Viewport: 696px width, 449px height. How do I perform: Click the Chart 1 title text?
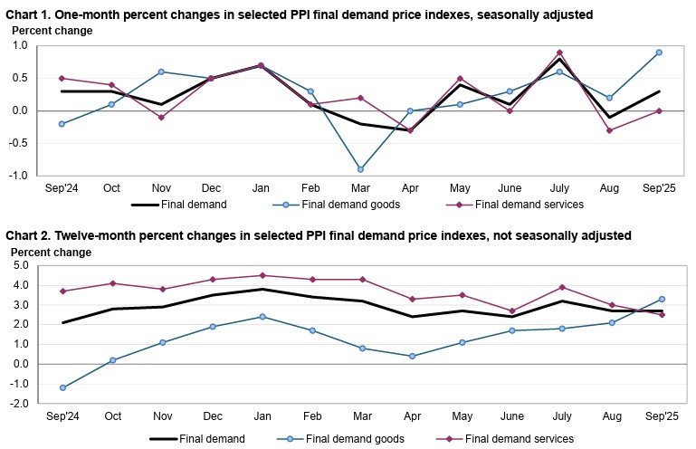[299, 14]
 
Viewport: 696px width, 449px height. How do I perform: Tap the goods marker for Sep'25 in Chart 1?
[660, 53]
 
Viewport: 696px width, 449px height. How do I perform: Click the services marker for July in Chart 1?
[559, 53]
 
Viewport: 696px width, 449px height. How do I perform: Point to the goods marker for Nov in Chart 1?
[160, 72]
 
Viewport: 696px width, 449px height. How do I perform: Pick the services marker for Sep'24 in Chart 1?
[61, 78]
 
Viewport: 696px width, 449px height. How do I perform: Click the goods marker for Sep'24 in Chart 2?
[61, 387]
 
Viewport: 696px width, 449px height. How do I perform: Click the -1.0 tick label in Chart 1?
[23, 176]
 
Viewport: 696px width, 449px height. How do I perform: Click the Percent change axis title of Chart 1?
[52, 30]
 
